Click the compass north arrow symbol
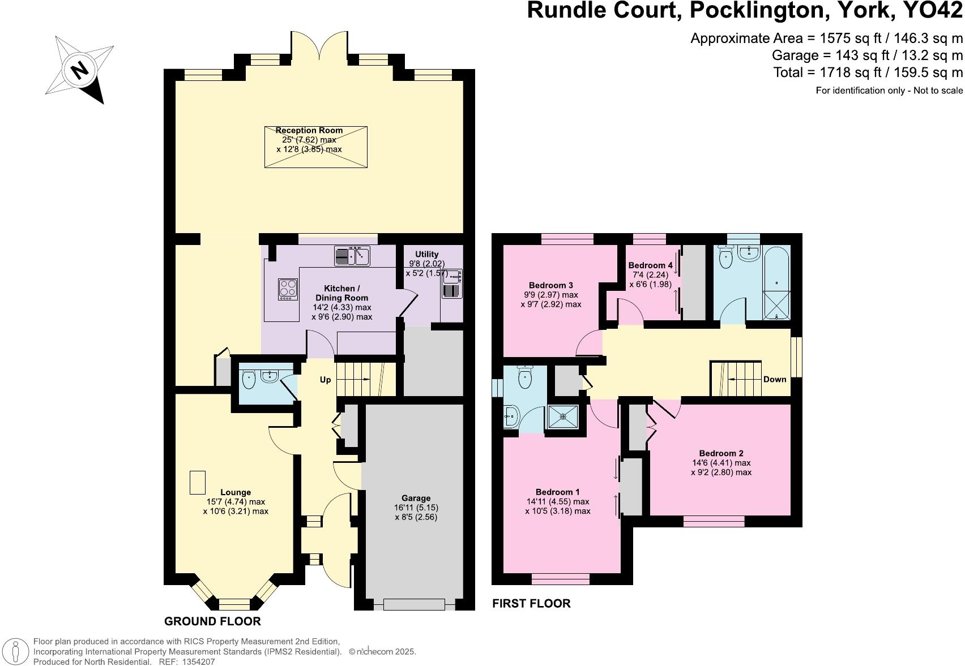(x=80, y=70)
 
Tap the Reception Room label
(x=309, y=130)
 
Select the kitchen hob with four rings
(x=288, y=289)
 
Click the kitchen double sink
(x=352, y=256)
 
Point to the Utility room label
(x=426, y=254)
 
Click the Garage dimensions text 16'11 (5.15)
(x=416, y=508)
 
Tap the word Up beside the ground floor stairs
(x=325, y=380)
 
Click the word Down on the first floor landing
(x=775, y=379)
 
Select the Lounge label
(x=236, y=492)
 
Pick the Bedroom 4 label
(x=651, y=265)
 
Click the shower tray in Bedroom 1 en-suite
(x=563, y=417)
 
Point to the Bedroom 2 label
(x=721, y=453)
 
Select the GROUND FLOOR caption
(x=212, y=621)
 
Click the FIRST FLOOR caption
(x=531, y=603)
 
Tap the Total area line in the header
(x=868, y=72)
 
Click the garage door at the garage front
(x=414, y=604)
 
